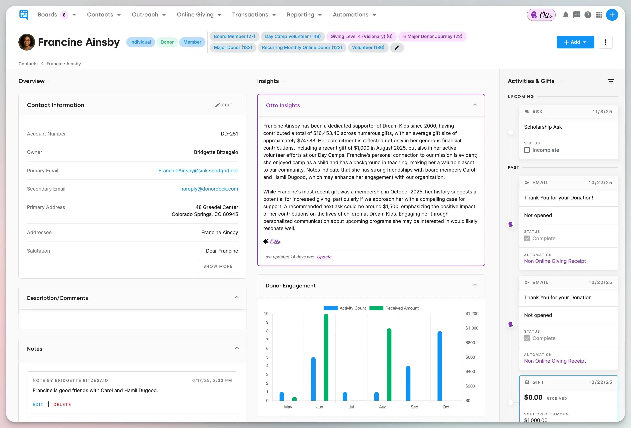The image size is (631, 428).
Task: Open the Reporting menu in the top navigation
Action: [304, 15]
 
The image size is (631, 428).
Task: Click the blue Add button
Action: [575, 42]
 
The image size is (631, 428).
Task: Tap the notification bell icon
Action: [565, 15]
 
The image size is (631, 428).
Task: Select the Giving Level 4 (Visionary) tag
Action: [361, 36]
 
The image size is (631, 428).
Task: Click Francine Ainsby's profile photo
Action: [27, 42]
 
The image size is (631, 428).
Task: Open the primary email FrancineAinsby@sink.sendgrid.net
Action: [198, 171]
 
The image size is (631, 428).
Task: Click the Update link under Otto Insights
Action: [324, 257]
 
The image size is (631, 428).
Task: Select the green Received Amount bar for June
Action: [326, 357]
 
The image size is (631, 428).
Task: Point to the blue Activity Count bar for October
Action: [440, 366]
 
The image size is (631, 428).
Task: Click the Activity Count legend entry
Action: [345, 308]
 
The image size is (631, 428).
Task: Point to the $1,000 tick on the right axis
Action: [472, 328]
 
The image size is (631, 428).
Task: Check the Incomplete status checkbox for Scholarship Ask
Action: [527, 150]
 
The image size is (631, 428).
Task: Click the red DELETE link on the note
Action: [62, 405]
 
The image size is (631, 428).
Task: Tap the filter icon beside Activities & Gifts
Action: [611, 81]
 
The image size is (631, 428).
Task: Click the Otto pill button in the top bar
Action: [541, 15]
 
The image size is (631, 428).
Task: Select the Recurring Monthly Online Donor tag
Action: [302, 47]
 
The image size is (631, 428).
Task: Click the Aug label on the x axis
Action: [383, 407]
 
